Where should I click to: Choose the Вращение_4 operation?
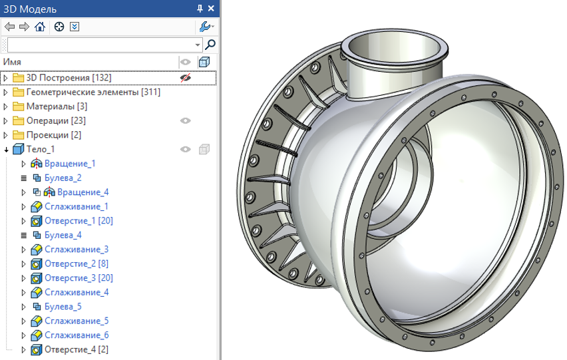[83, 192]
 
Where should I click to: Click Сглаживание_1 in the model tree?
[76, 207]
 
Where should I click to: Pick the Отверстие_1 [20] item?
[78, 221]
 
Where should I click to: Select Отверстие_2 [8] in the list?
[76, 264]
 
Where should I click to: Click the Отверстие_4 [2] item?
[76, 350]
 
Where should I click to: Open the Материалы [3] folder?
[56, 106]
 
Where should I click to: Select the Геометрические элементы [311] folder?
[93, 92]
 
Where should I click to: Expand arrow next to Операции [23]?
[6, 121]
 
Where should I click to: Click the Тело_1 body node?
[40, 150]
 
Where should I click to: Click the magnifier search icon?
[210, 45]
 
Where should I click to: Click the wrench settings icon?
[205, 27]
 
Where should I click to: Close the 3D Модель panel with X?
[212, 9]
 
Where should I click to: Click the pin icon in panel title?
[200, 9]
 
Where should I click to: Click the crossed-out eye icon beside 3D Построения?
[186, 78]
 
